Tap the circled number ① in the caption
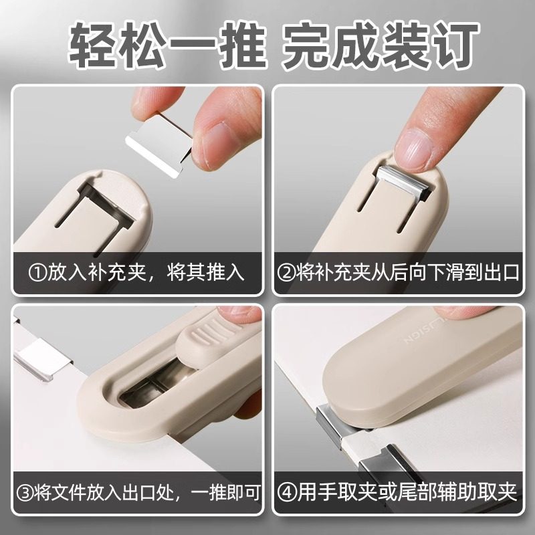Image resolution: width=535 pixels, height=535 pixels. pyautogui.click(x=35, y=273)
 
